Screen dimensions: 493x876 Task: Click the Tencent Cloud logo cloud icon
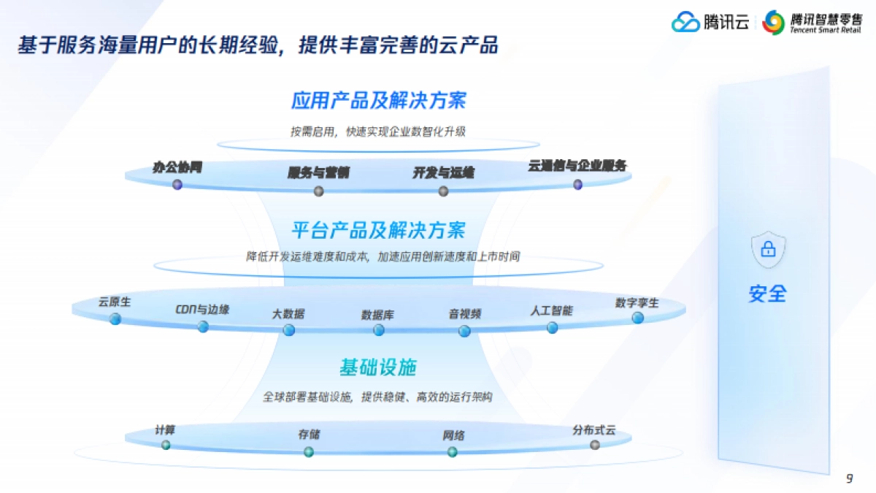point(685,23)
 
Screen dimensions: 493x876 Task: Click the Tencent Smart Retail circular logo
point(773,23)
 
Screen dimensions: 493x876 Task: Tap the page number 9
point(849,479)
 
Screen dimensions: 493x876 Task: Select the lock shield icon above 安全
point(768,250)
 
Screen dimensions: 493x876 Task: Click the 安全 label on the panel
point(768,294)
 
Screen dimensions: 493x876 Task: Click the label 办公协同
point(177,167)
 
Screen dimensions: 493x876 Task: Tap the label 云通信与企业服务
point(577,166)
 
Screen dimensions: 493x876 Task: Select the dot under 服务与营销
point(318,191)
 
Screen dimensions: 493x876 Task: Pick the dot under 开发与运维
point(443,191)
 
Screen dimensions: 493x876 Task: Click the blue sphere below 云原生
point(115,318)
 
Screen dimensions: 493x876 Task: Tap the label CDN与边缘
point(202,310)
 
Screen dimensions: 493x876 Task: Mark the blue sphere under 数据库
point(379,330)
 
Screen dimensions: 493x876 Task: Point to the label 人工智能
point(551,310)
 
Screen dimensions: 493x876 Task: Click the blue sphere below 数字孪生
point(638,318)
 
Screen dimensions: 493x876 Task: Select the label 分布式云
point(594,430)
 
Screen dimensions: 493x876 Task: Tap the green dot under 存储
point(309,451)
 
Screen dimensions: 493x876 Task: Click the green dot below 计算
point(166,445)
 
